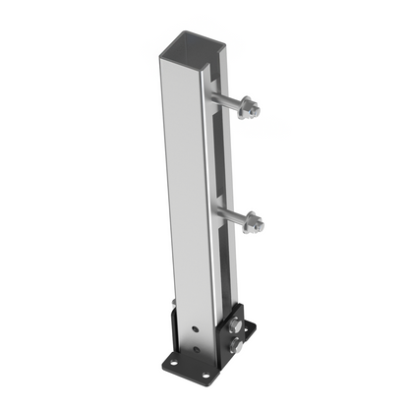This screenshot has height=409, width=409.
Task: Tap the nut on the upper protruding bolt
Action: (250, 107)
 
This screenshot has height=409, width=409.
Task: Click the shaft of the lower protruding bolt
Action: (229, 215)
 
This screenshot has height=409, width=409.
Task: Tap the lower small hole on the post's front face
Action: (196, 351)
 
